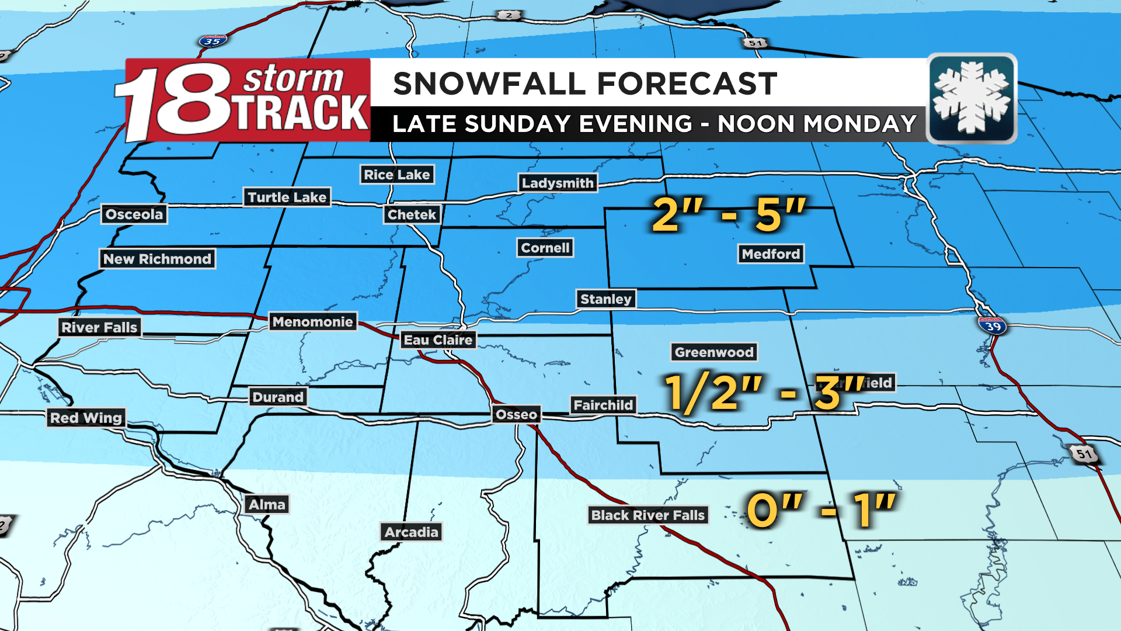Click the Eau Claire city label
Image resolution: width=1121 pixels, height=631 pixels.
[x=438, y=340]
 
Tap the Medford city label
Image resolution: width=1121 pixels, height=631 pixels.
[x=771, y=254]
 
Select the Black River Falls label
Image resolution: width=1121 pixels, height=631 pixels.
[x=647, y=515]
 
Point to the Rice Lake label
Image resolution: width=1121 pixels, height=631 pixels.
[x=396, y=175]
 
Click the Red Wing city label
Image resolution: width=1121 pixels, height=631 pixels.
[x=86, y=418]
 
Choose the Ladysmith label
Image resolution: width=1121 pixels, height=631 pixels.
[x=558, y=183]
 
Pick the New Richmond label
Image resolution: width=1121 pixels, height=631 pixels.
[x=157, y=259]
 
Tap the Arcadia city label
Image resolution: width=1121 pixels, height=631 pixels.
[x=411, y=532]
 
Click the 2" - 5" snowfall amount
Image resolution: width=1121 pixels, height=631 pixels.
[x=729, y=214]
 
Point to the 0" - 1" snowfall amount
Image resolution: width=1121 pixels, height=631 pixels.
[x=820, y=510]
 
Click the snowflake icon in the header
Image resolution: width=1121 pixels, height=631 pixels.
[x=972, y=98]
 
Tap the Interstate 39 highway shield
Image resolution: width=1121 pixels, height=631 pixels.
[x=992, y=325]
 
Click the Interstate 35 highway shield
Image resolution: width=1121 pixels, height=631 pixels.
[x=213, y=41]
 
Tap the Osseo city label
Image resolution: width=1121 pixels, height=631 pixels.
[x=516, y=415]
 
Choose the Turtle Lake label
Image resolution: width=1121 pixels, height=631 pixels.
[x=287, y=197]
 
